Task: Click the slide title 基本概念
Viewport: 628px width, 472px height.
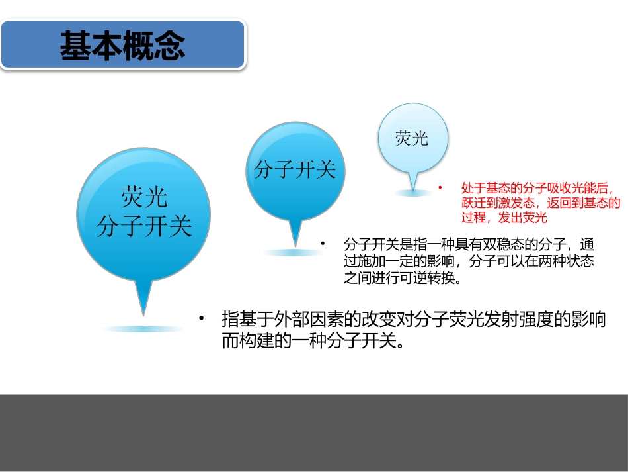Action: point(122,46)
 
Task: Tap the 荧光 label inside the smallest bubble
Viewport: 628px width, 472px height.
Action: point(412,138)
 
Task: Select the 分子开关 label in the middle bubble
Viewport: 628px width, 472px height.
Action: point(295,170)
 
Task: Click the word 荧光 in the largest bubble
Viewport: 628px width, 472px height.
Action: point(143,197)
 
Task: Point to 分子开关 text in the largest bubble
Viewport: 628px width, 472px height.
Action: point(143,226)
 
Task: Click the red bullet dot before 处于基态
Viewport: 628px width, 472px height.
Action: point(440,188)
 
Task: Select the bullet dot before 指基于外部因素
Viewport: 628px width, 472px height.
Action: point(202,319)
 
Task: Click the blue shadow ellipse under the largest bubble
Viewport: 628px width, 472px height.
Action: point(143,329)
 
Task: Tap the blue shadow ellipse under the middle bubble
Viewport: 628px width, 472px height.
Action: point(292,252)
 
